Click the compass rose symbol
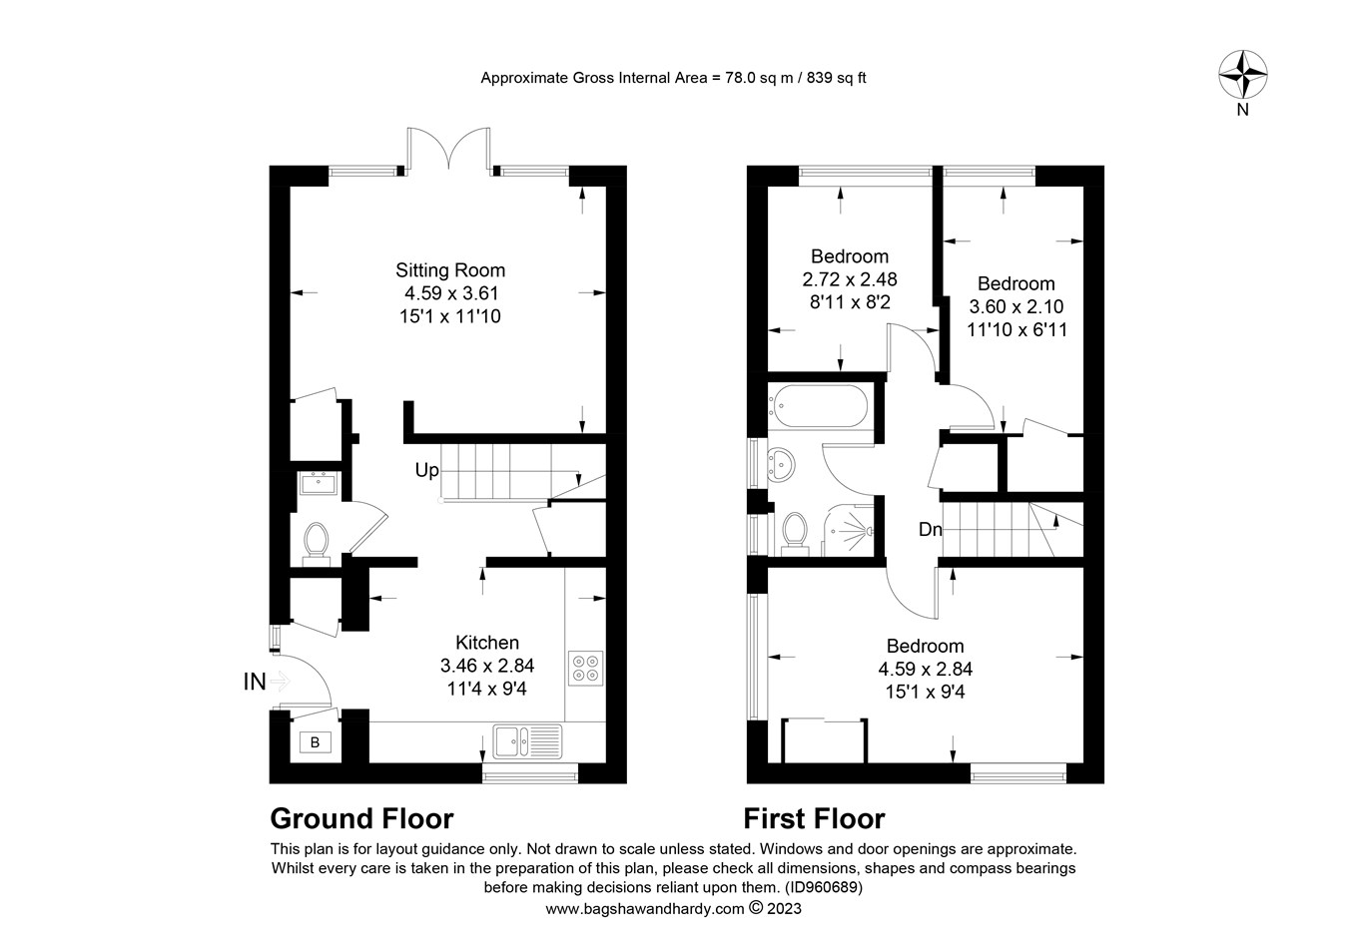1243,75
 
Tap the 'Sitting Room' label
450,270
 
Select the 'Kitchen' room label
487,643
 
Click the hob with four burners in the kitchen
585,668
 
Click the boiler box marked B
315,742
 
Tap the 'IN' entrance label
255,683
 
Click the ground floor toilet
317,543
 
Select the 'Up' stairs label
426,470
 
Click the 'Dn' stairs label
930,530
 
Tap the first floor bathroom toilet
796,529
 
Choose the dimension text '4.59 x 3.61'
450,293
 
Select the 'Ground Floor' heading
361,819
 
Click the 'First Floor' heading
814,819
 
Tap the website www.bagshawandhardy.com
644,909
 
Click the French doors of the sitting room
448,150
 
